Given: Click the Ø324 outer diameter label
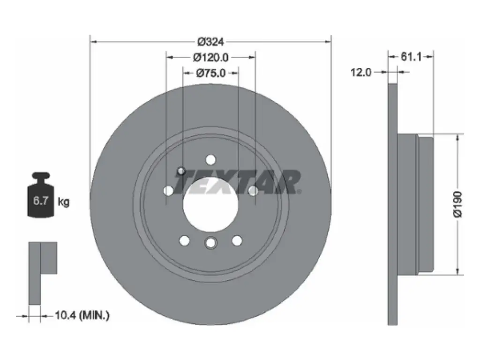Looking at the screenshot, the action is click(210, 41).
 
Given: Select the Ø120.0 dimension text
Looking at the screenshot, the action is click(210, 57).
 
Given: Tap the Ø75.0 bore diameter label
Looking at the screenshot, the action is click(210, 73).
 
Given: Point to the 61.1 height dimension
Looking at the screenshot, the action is click(411, 56).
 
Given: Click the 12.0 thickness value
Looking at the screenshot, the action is click(361, 72).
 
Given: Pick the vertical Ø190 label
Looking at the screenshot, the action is click(457, 204).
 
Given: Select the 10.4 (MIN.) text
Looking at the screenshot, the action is click(82, 315).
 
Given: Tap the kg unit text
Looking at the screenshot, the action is click(64, 202).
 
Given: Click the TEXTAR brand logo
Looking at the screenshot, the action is click(238, 182).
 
